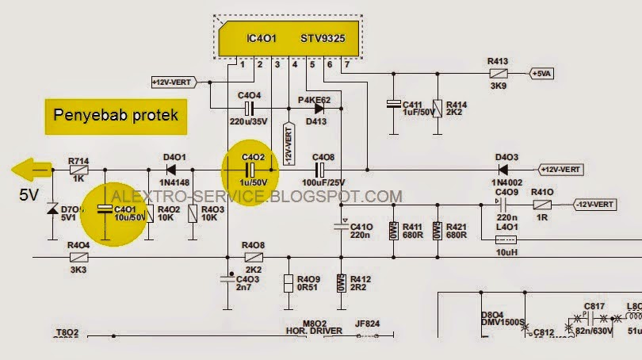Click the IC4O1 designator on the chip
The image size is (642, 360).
262,38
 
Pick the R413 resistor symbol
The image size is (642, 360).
497,73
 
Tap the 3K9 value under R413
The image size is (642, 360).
498,86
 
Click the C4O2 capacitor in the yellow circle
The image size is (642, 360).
250,170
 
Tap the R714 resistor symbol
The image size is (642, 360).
78,170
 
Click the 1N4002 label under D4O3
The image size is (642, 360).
506,183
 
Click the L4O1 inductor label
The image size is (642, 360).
506,228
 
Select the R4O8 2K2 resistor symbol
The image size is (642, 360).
254,257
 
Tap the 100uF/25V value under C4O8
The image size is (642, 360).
323,183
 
